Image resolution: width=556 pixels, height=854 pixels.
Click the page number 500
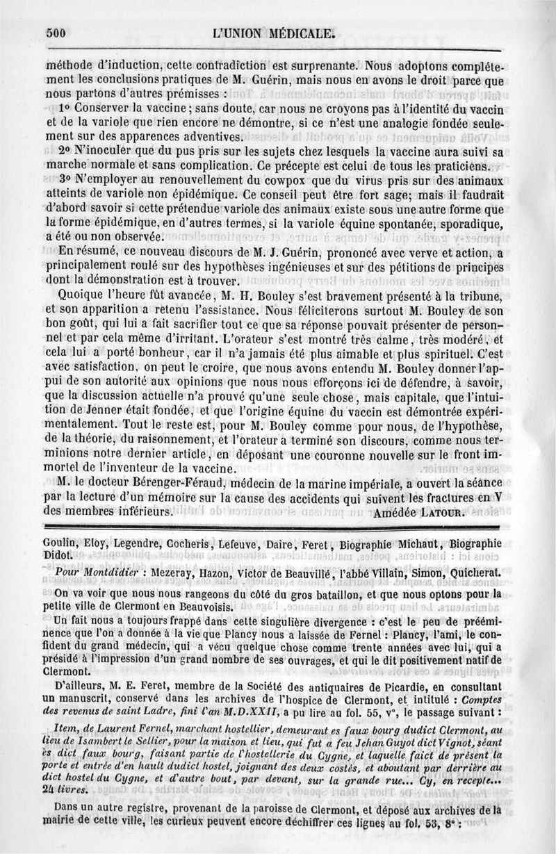coord(55,31)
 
